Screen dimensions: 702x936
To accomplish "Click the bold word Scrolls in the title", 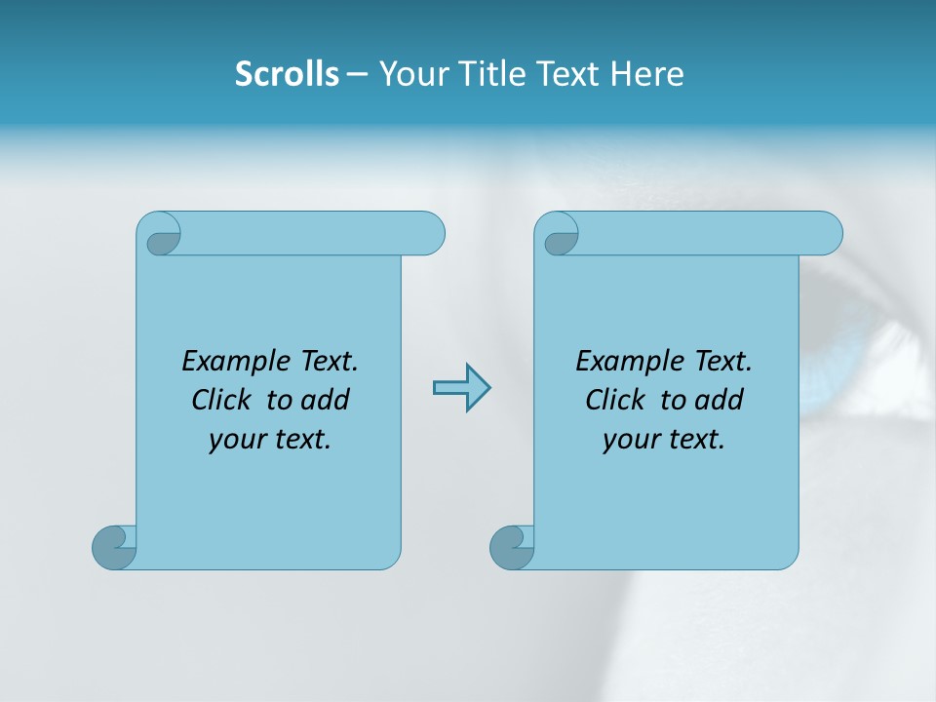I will [287, 74].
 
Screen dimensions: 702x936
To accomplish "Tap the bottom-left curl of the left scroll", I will [113, 547].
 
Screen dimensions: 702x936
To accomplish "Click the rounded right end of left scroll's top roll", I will [429, 234].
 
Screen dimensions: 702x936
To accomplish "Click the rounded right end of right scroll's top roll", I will [827, 234].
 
